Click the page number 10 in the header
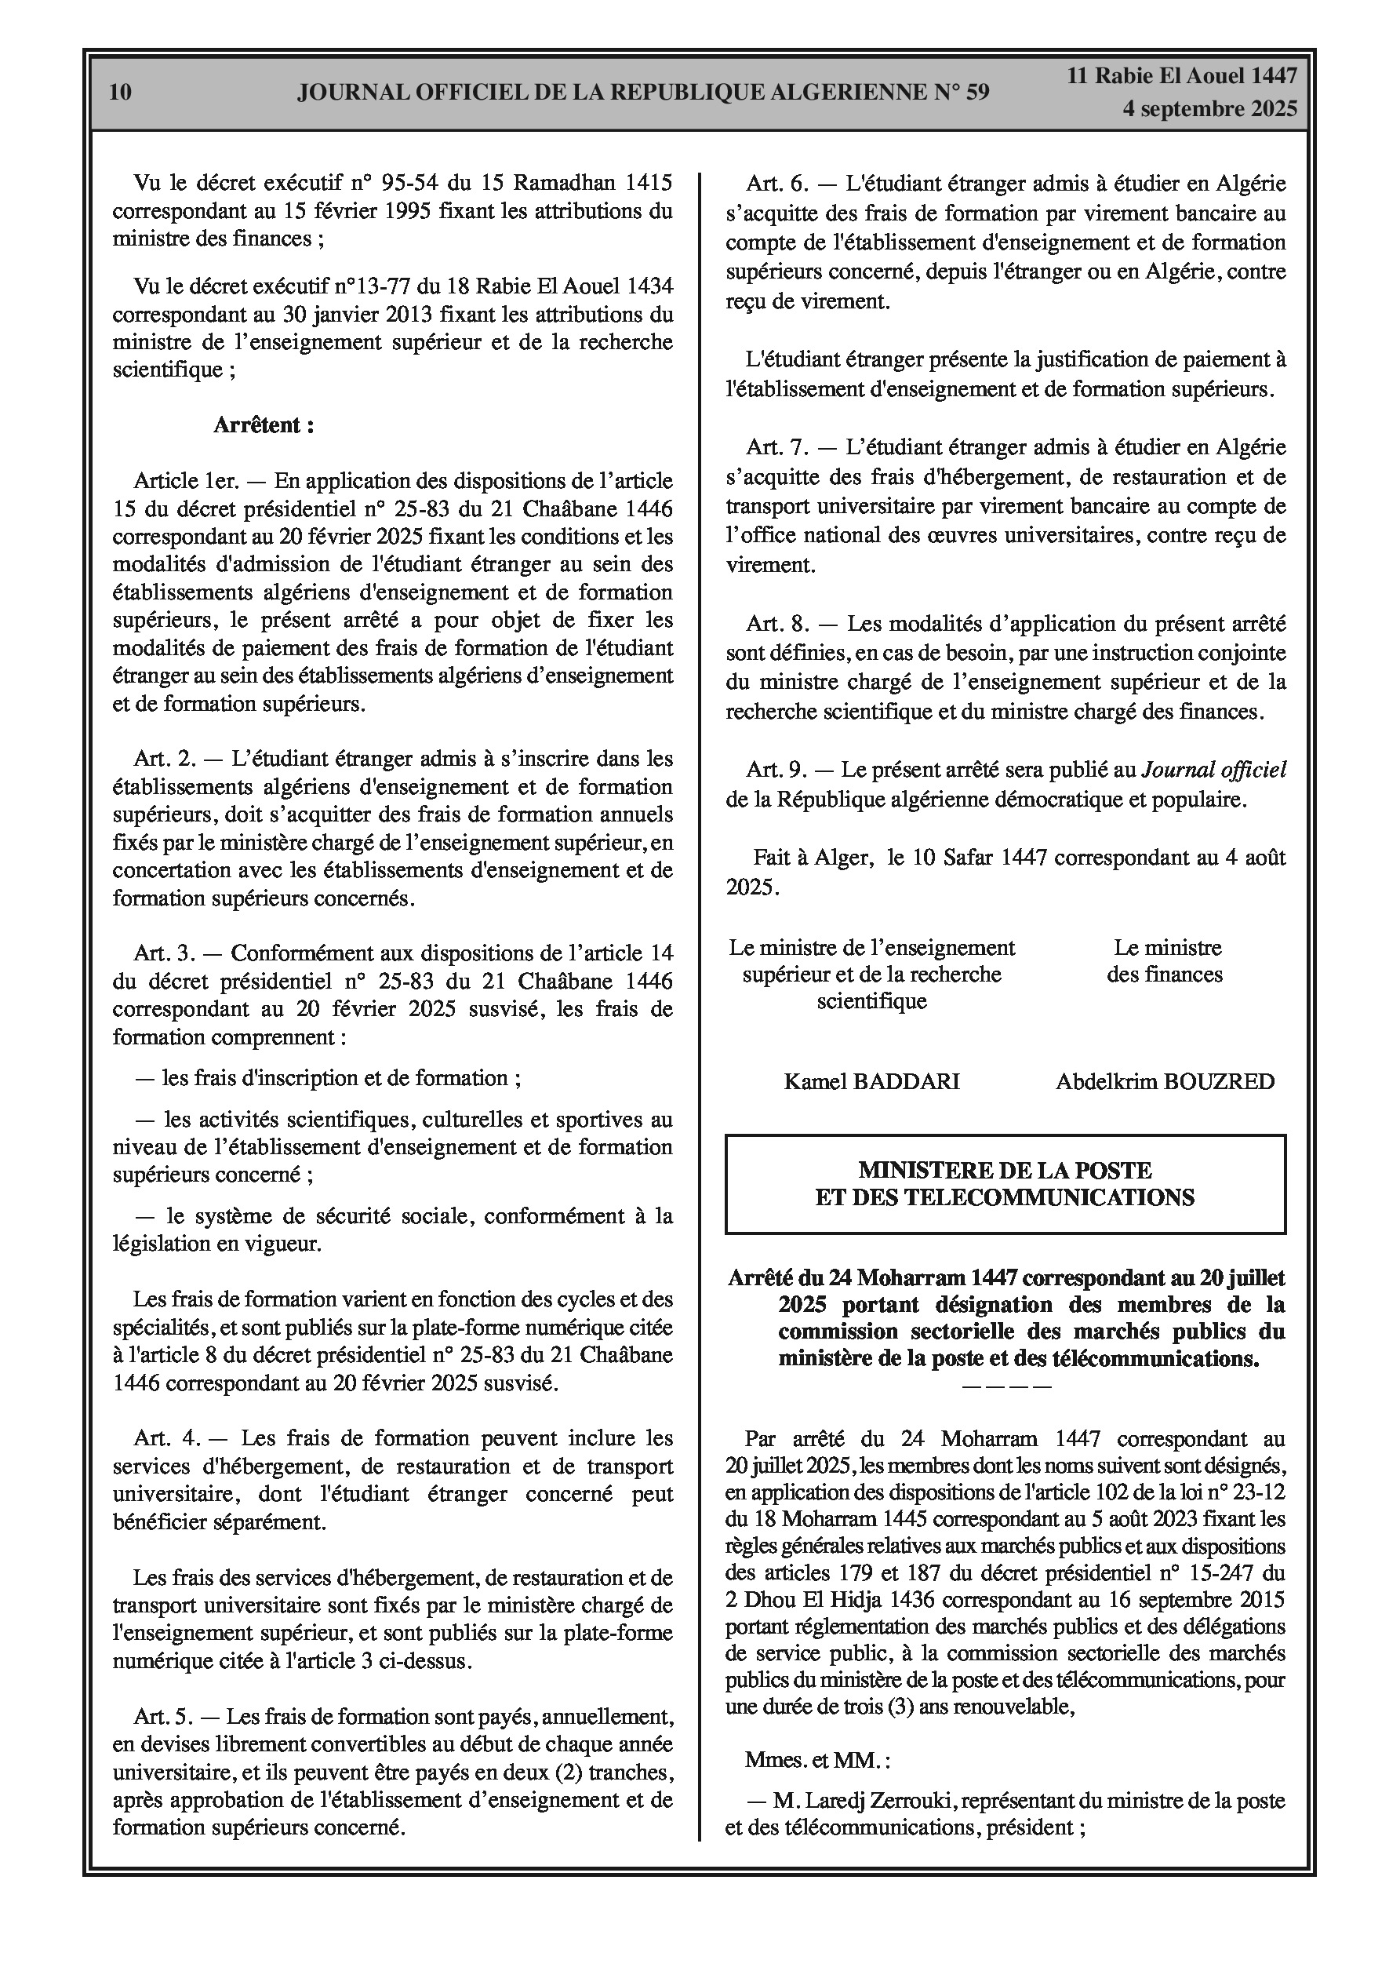pyautogui.click(x=121, y=92)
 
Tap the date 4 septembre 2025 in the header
pyautogui.click(x=1209, y=109)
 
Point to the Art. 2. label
pyautogui.click(x=165, y=759)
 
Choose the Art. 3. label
pyautogui.click(x=165, y=953)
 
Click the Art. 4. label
pyautogui.click(x=166, y=1438)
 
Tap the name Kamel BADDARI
pyautogui.click(x=871, y=1082)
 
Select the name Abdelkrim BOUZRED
pyautogui.click(x=1165, y=1082)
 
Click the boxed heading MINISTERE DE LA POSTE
pyautogui.click(x=1005, y=1171)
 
